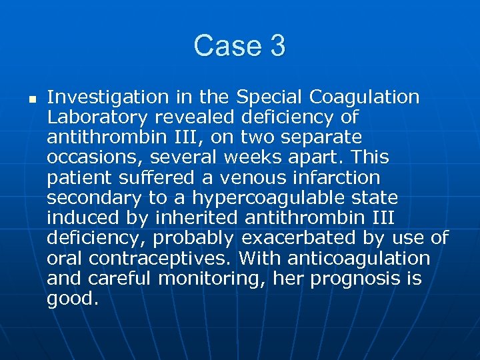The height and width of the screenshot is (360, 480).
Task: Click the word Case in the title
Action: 225,46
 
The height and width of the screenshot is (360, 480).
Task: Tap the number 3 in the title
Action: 278,46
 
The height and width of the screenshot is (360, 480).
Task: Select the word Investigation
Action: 108,97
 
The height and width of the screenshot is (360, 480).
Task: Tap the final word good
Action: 72,299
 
